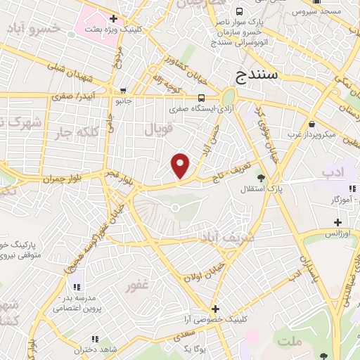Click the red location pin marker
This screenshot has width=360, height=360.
tap(181, 165)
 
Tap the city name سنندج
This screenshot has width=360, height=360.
tap(258, 74)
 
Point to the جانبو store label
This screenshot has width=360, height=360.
tap(123, 101)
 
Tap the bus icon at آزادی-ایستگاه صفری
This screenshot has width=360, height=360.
tap(202, 98)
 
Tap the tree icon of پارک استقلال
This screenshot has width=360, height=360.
tap(262, 177)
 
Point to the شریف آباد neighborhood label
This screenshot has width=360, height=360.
tap(222, 238)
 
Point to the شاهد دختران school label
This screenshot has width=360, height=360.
tap(96, 349)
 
